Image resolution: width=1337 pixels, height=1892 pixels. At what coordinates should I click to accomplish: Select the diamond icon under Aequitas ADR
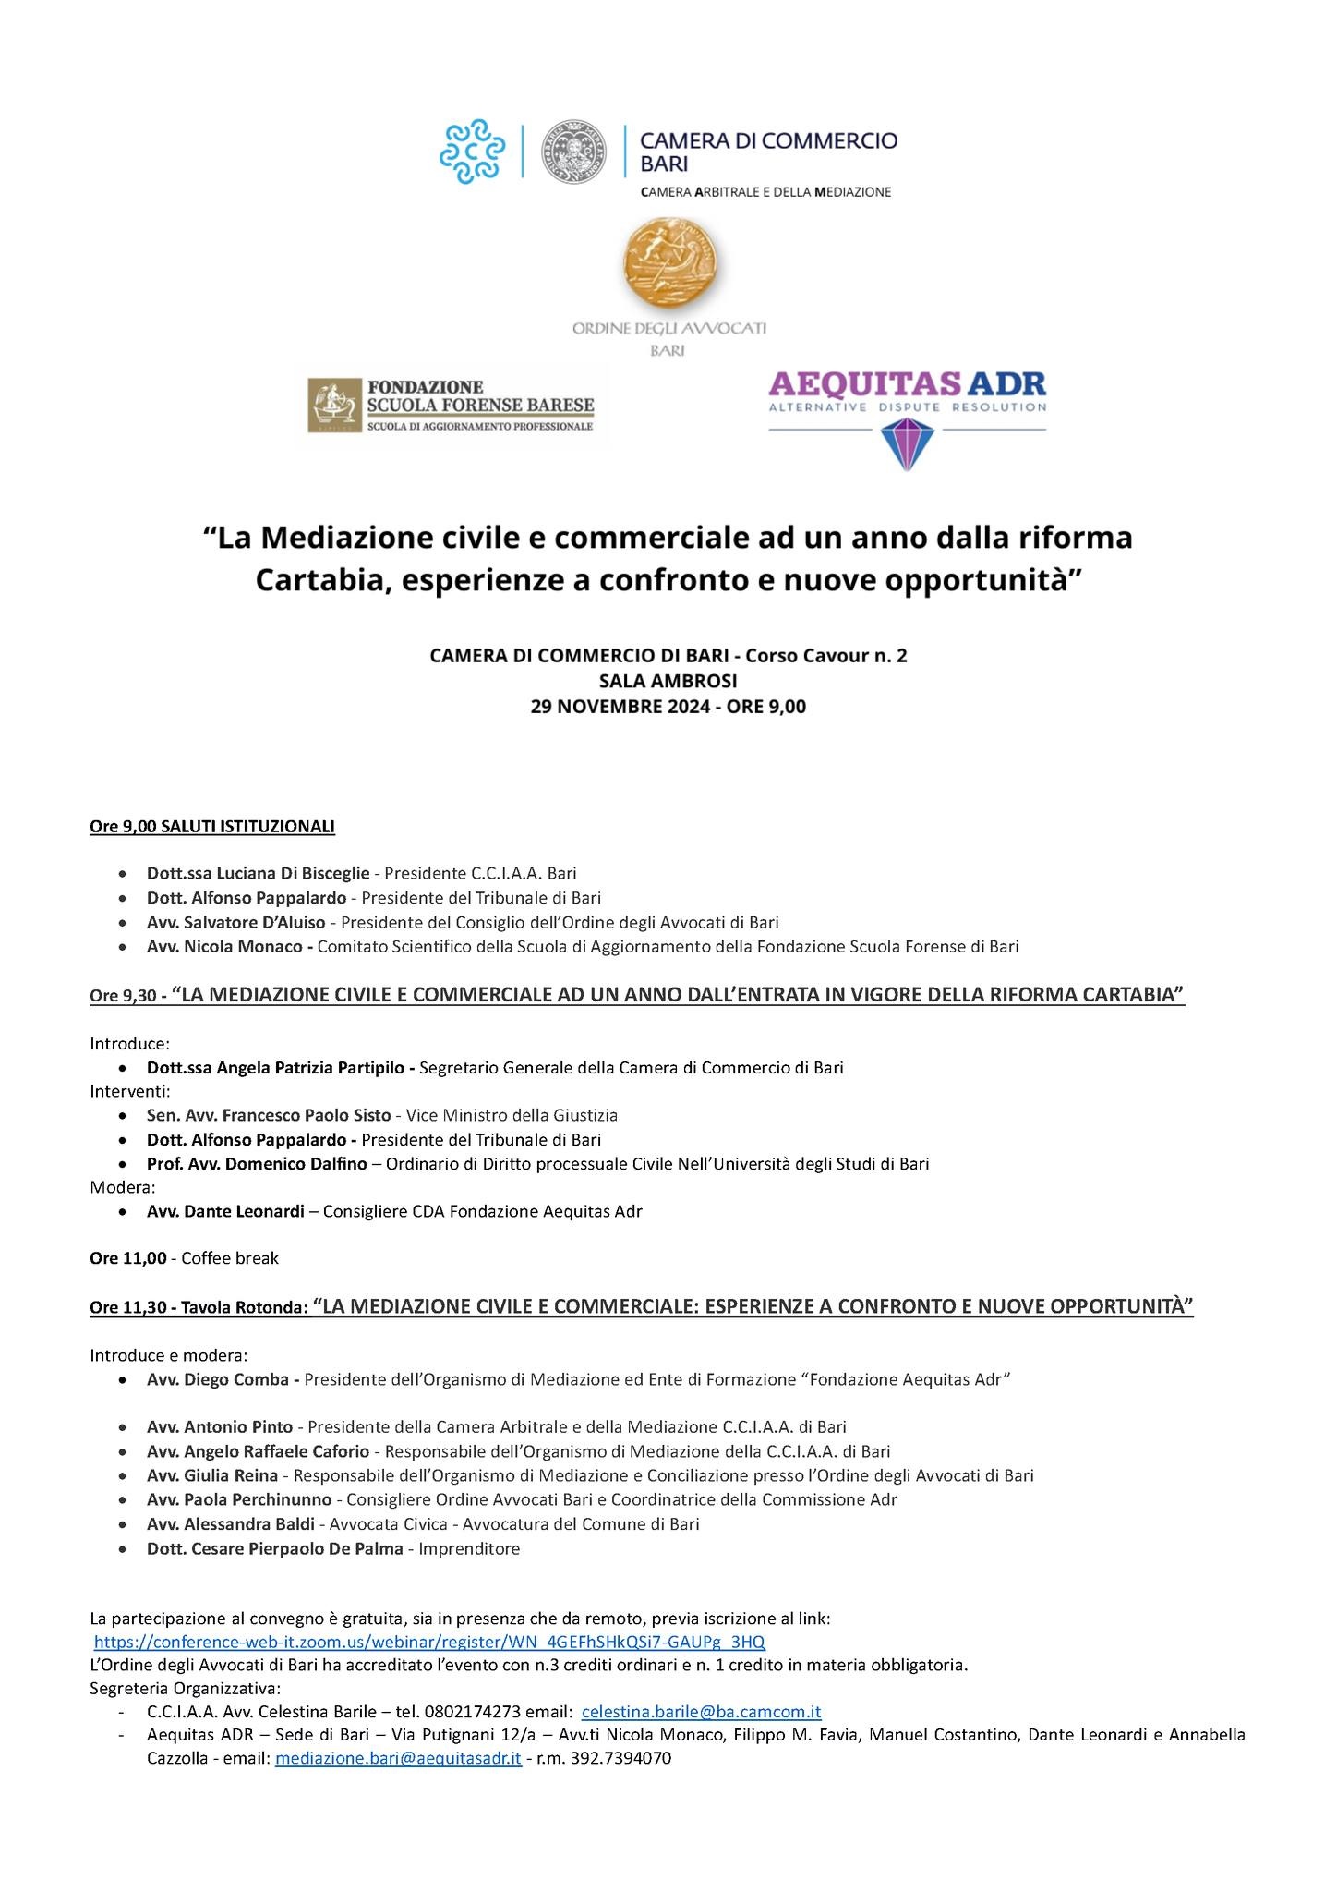click(908, 443)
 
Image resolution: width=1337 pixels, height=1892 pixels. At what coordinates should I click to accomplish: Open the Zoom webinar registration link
click(429, 1641)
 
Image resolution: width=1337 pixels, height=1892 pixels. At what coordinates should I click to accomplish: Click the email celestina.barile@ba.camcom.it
click(701, 1711)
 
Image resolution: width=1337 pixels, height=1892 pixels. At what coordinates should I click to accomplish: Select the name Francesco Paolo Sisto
click(306, 1115)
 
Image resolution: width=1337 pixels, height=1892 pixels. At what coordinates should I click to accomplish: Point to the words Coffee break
click(230, 1258)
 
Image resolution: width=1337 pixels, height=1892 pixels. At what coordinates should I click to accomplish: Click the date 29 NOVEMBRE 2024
click(623, 707)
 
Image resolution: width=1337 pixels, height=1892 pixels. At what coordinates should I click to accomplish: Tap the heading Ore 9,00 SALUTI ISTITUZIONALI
click(211, 826)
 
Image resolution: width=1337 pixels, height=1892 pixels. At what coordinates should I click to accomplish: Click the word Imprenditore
click(469, 1548)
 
